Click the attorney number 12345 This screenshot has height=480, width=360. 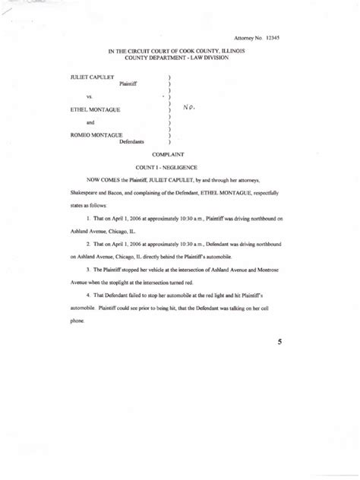[271, 37]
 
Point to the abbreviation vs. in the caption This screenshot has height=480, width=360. [90, 96]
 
